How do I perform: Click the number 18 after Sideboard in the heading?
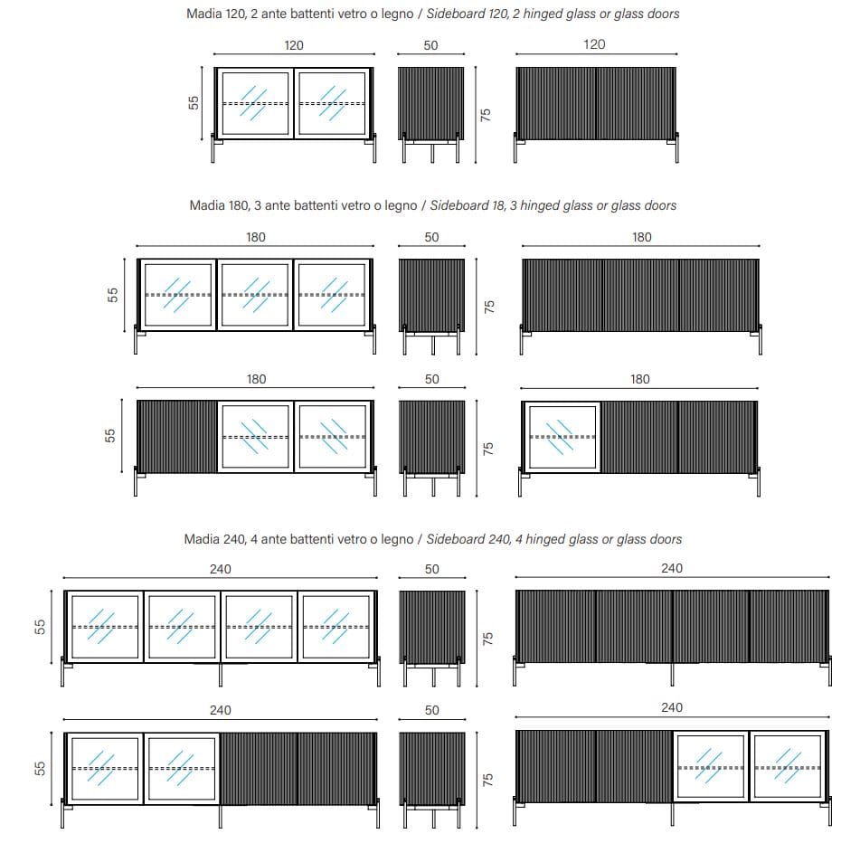click(x=498, y=205)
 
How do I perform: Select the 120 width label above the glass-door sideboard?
click(x=293, y=45)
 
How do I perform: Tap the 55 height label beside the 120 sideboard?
click(x=194, y=102)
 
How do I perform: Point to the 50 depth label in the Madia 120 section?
click(x=430, y=45)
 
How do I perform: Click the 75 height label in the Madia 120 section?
click(x=486, y=115)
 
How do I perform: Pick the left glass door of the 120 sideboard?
click(x=255, y=103)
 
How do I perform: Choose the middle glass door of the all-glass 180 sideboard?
click(x=254, y=295)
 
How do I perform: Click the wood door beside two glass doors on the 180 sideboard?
click(x=177, y=437)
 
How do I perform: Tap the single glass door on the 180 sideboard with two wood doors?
click(x=562, y=437)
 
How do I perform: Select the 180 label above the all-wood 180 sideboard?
click(x=642, y=238)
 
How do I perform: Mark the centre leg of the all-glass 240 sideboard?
click(x=221, y=675)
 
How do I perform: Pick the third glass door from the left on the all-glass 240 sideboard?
click(x=259, y=627)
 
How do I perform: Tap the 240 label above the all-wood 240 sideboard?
click(x=672, y=568)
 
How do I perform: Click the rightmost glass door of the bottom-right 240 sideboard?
click(x=788, y=767)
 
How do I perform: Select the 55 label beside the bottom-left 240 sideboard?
click(x=40, y=768)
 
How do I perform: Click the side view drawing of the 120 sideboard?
click(x=431, y=115)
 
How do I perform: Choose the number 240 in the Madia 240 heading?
click(x=235, y=539)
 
